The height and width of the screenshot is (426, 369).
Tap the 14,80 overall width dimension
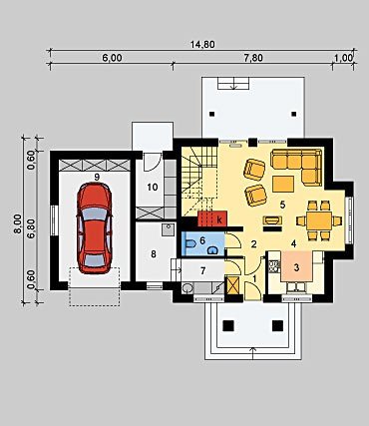[202, 44]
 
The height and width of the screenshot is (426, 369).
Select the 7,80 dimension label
[253, 58]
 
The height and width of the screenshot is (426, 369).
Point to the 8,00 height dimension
[18, 224]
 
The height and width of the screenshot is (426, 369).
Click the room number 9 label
[97, 177]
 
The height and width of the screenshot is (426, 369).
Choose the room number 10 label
[153, 188]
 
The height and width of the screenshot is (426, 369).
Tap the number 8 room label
[154, 254]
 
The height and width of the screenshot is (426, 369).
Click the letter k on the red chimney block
[219, 219]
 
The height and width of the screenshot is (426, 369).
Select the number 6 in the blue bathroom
[202, 240]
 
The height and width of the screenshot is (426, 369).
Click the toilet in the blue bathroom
[190, 244]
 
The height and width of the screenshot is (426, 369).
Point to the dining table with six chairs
[319, 220]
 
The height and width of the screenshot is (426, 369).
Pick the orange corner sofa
[296, 167]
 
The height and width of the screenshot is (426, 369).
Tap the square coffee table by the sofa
[283, 185]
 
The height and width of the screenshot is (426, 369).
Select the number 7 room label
[202, 271]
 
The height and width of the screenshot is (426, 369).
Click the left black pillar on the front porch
[228, 325]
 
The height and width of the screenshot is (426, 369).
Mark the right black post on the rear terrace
[294, 114]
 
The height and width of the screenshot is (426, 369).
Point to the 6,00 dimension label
[112, 58]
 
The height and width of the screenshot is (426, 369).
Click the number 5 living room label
[282, 205]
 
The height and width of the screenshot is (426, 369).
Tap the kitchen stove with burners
[274, 265]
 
